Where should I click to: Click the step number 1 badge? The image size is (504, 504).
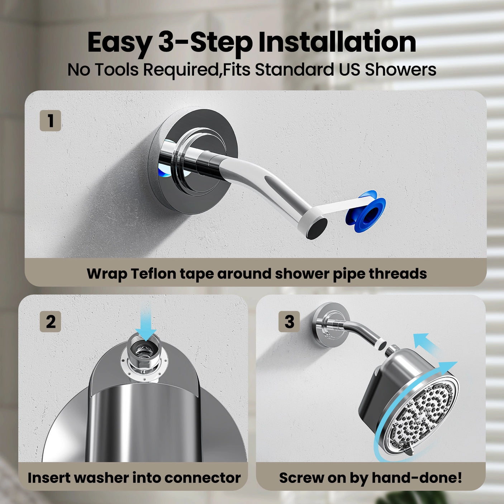pos(50,121)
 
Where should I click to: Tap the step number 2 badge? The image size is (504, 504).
pos(50,322)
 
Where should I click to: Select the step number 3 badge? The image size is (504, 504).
pos(289,322)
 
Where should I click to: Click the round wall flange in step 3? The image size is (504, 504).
pos(330,325)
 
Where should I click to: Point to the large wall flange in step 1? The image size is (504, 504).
pos(194,161)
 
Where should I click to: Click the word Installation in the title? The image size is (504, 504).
pos(337,42)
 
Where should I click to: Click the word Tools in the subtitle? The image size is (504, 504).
pos(117,70)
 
